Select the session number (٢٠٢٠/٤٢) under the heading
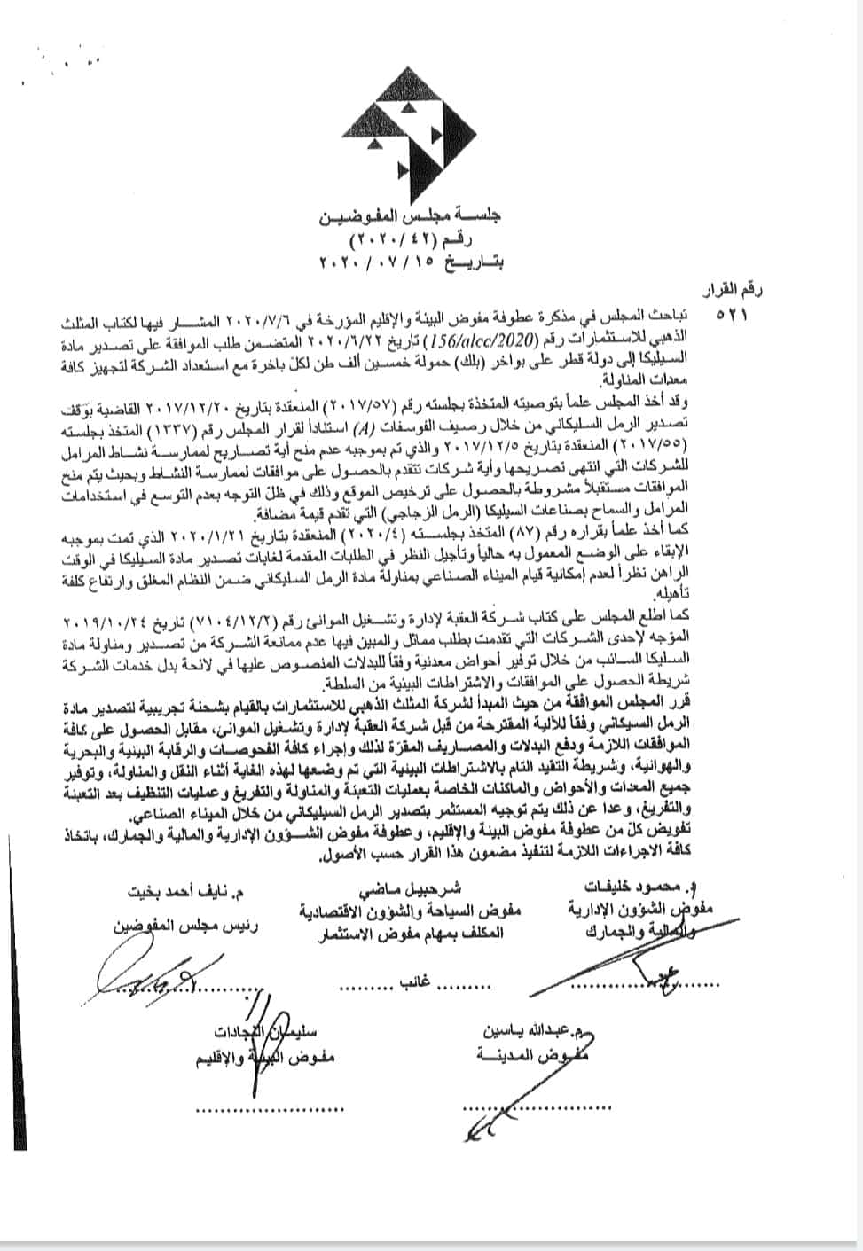[411, 240]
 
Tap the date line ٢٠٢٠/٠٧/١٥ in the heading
[411, 263]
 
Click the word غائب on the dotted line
[411, 984]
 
